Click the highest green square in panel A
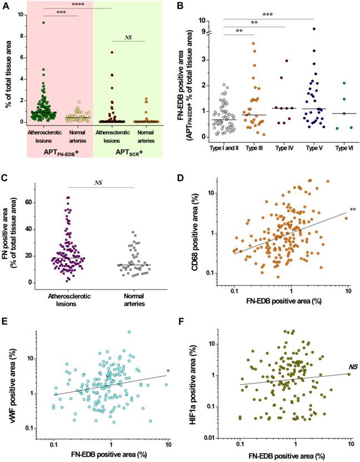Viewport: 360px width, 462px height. click(x=43, y=23)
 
